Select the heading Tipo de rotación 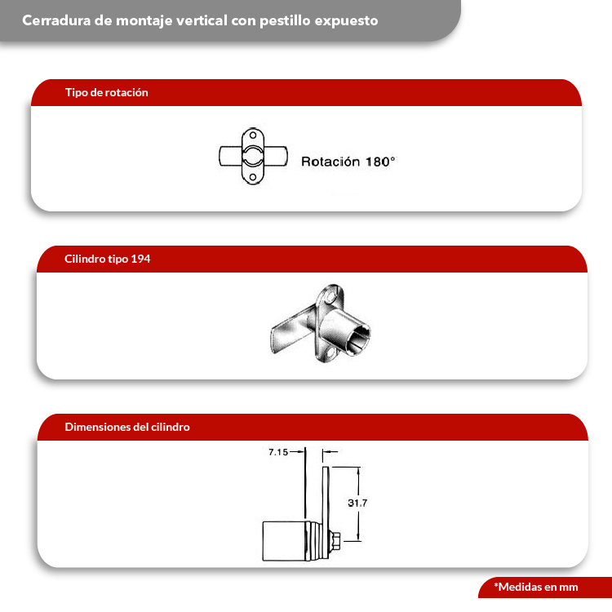[106, 92]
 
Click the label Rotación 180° [348, 162]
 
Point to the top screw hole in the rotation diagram [253, 136]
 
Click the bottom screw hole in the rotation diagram [253, 176]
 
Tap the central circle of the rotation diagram [253, 156]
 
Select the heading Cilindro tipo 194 [107, 259]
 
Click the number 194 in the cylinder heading [140, 259]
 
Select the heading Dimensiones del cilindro [127, 427]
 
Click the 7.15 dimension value [278, 451]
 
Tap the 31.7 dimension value [357, 503]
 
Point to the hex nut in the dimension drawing [335, 540]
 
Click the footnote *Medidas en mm [535, 587]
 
